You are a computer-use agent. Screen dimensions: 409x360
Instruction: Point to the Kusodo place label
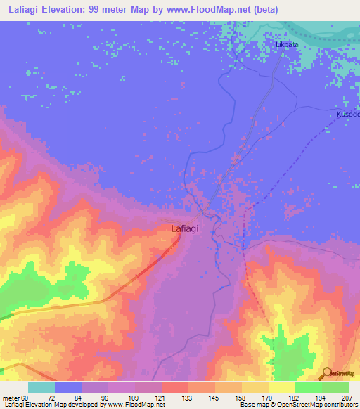click(x=347, y=114)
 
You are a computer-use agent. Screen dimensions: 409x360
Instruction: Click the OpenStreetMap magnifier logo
click(x=326, y=373)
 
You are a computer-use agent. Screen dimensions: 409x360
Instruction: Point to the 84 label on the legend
click(x=68, y=398)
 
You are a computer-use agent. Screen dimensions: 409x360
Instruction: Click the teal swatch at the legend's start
click(x=41, y=387)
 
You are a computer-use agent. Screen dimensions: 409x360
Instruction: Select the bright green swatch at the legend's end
click(x=335, y=387)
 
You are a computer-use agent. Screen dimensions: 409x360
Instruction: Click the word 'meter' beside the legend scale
click(x=10, y=398)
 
